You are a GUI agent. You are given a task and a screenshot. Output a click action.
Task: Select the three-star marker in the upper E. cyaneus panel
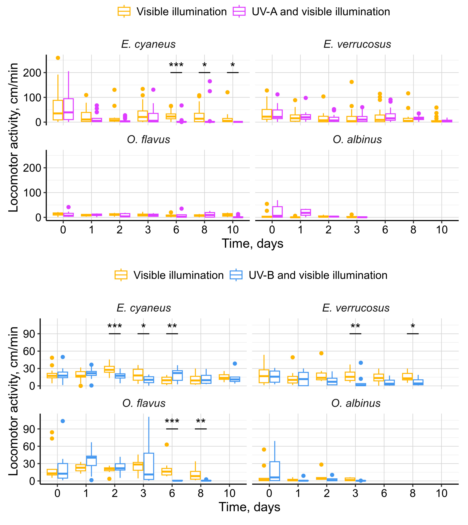click(176, 65)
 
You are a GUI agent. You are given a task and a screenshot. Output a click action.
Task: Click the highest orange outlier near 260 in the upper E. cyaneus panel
click(58, 58)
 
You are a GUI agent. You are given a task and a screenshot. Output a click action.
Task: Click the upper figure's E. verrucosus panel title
click(357, 44)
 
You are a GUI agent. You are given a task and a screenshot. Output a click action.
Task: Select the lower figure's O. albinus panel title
click(356, 403)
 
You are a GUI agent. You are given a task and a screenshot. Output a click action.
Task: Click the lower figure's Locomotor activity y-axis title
click(13, 401)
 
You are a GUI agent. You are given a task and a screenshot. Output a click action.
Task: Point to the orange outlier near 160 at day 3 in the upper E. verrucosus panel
click(351, 82)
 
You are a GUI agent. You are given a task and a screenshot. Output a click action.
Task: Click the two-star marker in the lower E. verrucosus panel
click(355, 327)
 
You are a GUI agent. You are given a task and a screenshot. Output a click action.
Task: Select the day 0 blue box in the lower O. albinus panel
click(275, 471)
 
